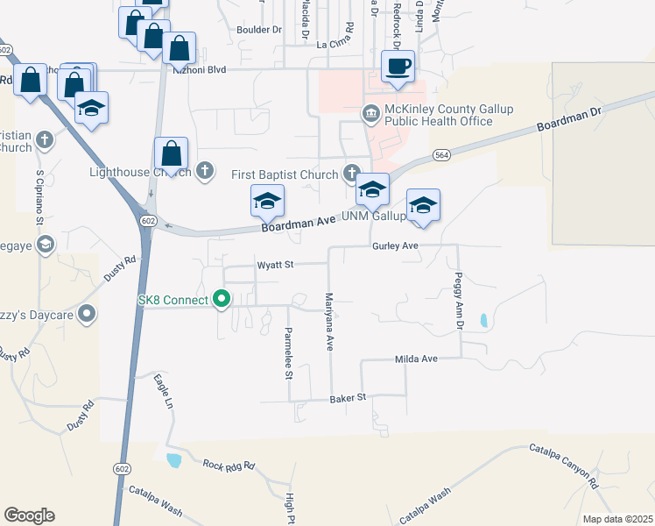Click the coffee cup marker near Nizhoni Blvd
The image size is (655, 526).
[398, 67]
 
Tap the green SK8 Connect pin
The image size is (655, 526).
[222, 300]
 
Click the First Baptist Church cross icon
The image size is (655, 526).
[351, 173]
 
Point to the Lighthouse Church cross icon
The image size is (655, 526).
[205, 170]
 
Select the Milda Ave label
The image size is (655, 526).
[416, 359]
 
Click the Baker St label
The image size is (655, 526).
[347, 398]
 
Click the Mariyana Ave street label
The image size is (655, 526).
[330, 322]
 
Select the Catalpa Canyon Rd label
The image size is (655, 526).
[563, 466]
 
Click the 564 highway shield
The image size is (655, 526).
[441, 155]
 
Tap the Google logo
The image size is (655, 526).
[29, 515]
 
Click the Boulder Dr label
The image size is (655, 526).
[259, 29]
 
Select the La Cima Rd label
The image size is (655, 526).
[335, 42]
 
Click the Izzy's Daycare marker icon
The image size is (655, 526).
[86, 313]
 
